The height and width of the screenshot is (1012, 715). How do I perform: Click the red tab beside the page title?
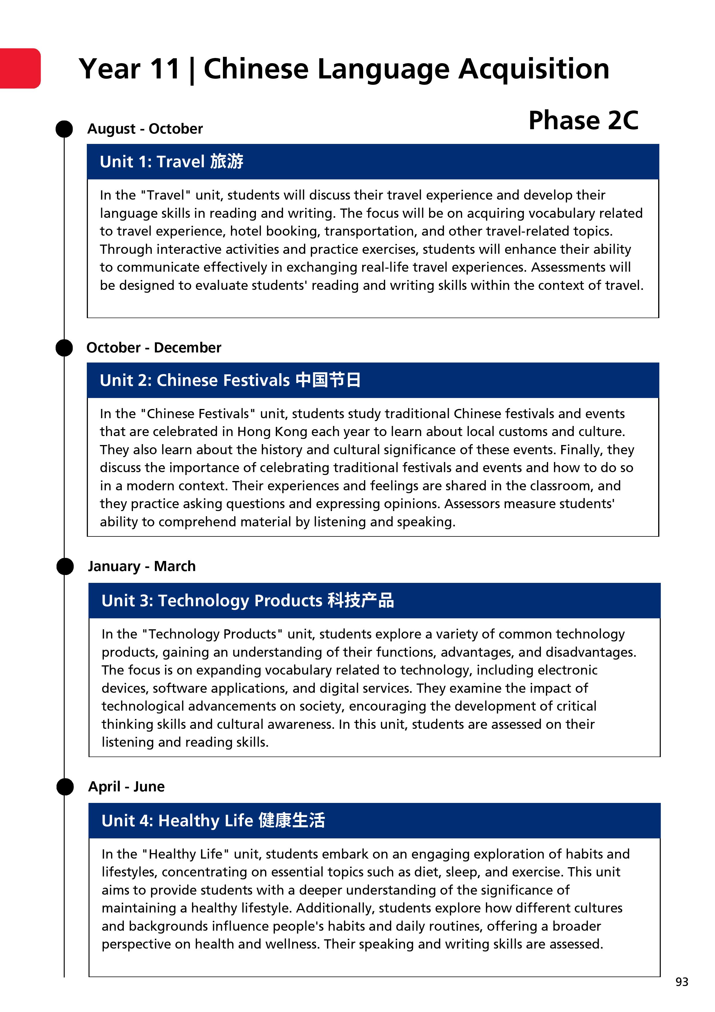coord(20,68)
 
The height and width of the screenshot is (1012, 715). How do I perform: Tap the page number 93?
coord(682,982)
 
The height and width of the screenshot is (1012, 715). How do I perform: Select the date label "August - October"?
coord(145,129)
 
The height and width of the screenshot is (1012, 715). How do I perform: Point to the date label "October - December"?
coord(154,348)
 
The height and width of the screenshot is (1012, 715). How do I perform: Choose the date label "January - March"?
coord(142,566)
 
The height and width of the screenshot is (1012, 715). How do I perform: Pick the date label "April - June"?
coord(127,786)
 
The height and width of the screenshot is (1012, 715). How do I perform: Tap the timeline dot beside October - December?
coord(64,348)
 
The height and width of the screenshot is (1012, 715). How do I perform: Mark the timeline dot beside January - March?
coord(65,566)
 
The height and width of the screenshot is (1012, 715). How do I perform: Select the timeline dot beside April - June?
coord(65,787)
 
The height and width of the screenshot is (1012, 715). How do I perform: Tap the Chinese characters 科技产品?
coord(361,600)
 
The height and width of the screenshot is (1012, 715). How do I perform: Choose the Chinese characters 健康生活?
coord(292,820)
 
